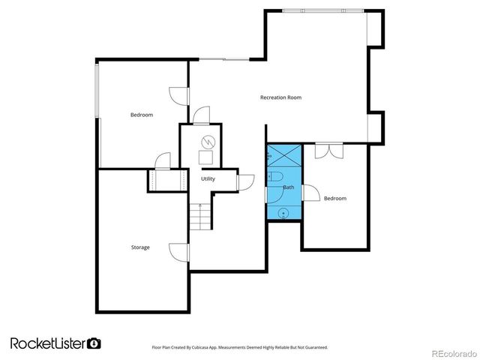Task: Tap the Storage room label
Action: click(140, 247)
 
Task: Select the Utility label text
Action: click(208, 178)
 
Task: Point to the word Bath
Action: click(289, 187)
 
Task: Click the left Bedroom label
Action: click(142, 115)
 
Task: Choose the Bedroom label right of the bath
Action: click(334, 198)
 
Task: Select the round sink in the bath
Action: click(283, 212)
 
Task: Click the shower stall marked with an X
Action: click(284, 157)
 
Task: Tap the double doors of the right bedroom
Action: click(327, 150)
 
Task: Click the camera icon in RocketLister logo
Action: click(94, 343)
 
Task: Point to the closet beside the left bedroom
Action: click(166, 181)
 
